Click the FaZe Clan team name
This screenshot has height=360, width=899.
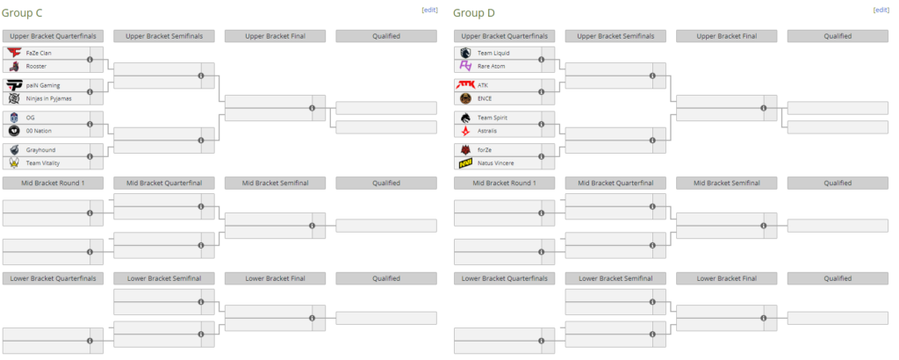tap(39, 53)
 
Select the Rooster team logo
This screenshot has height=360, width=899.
tap(14, 66)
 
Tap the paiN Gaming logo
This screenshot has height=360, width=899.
tap(14, 85)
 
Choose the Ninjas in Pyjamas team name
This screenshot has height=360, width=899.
tap(50, 98)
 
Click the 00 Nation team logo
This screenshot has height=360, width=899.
tap(14, 131)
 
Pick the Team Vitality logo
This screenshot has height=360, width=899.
tap(14, 163)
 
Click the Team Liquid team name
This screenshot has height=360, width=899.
tap(493, 53)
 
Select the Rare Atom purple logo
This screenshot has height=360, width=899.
tap(465, 66)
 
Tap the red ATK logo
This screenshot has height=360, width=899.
tap(465, 85)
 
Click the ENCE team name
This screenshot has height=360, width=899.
tap(485, 98)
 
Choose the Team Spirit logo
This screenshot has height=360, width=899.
tap(465, 118)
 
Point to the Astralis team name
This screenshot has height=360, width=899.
tap(487, 131)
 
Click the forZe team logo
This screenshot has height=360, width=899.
tap(465, 150)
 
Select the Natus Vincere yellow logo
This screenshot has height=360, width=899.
tap(465, 163)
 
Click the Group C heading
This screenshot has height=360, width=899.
tap(22, 12)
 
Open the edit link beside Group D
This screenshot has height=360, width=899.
tap(881, 10)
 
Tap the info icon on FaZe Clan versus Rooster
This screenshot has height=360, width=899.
tap(90, 59)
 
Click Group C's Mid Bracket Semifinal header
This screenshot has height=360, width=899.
tap(275, 184)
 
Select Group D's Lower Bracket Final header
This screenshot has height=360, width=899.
tap(726, 278)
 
